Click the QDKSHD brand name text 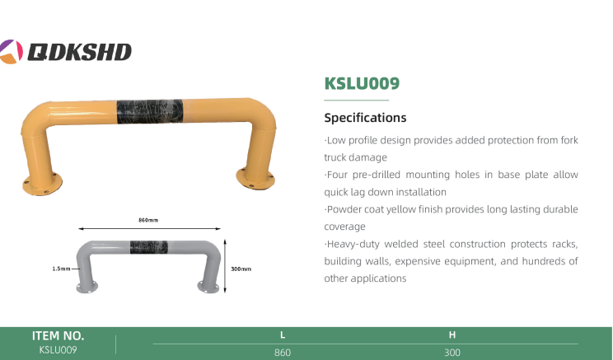(79, 52)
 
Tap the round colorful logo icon (11, 52)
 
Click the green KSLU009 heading (362, 83)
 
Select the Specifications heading (365, 118)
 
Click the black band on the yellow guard (150, 111)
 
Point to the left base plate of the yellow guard (42, 185)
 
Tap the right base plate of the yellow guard (255, 179)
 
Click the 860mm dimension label (148, 220)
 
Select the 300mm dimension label (241, 269)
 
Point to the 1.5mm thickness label (61, 269)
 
